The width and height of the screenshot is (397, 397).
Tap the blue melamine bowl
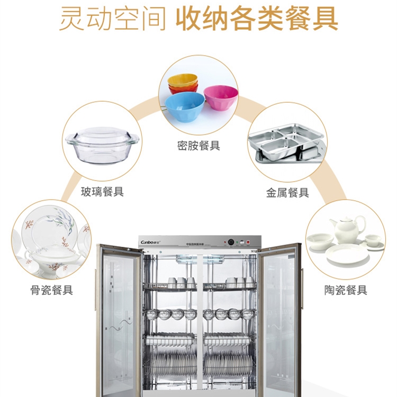tap(185, 105)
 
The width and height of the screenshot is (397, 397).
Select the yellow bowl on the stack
tap(183, 80)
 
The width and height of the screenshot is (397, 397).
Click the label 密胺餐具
tap(198, 146)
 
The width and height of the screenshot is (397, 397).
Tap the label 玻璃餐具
tap(102, 192)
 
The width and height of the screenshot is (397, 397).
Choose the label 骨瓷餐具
tap(51, 290)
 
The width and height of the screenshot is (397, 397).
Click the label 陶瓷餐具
tap(346, 290)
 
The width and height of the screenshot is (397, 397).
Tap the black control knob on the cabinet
tap(231, 242)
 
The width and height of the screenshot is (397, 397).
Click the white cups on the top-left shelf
tap(178, 282)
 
